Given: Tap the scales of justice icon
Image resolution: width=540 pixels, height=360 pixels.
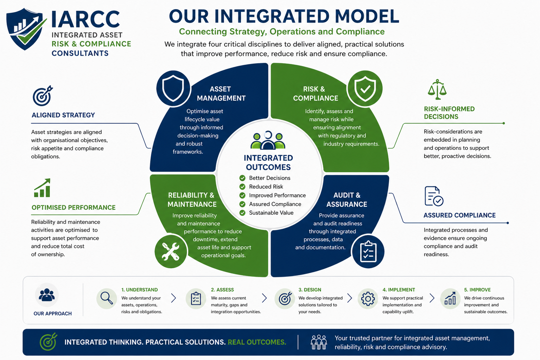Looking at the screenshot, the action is (437, 89).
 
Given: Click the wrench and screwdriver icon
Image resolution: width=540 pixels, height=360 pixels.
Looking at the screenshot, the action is (171, 252).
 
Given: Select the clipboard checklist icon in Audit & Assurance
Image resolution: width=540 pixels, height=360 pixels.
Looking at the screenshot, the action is (368, 252).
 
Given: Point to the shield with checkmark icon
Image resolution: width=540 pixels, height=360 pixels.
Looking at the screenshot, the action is (365, 89).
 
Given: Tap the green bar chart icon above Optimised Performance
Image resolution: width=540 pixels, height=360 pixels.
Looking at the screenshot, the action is (42, 188).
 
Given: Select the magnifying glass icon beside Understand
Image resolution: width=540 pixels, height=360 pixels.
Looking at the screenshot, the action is (107, 298).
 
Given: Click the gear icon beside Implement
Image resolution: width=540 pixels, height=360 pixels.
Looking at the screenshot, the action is (368, 299).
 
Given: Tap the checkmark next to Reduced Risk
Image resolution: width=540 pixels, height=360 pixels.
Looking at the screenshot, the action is (242, 187).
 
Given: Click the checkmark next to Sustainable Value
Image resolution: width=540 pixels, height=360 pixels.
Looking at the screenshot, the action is (242, 213).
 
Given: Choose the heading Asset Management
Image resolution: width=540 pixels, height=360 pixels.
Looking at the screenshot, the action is (221, 94).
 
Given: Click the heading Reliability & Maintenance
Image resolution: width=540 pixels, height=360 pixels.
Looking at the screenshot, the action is (192, 200).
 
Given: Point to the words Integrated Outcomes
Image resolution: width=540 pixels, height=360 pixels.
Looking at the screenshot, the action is (268, 162).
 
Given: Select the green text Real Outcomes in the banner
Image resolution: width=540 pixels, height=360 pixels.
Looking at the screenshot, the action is (257, 342).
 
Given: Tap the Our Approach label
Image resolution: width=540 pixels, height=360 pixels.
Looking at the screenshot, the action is (52, 314).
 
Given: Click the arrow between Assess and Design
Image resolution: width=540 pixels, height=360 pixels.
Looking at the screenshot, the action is (265, 298).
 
